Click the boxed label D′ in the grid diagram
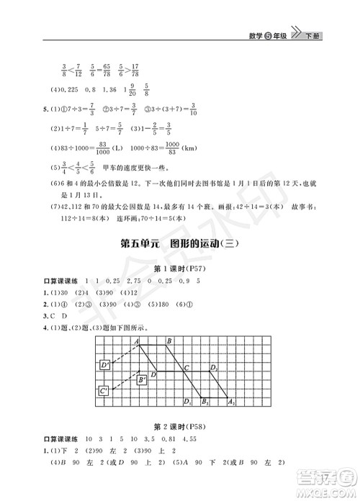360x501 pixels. tap(106, 366)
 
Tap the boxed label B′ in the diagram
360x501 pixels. tap(143, 379)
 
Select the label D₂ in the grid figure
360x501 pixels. tap(213, 367)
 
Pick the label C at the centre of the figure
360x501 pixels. tap(186, 367)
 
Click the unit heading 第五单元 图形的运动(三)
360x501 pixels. tap(180, 243)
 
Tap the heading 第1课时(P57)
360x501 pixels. tap(180, 269)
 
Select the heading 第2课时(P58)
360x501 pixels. tap(180, 425)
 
